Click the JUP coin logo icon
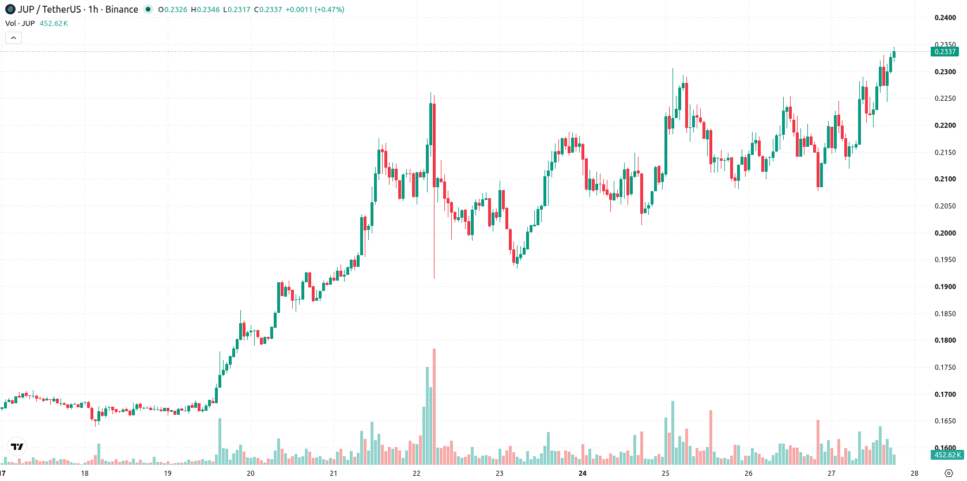10,9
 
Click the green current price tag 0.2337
945,52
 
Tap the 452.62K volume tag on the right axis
947,455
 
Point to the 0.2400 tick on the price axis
945,18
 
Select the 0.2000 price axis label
945,233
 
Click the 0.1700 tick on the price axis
945,394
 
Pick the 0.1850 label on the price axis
945,313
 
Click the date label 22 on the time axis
416,474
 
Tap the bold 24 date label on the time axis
583,474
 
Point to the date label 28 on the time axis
915,474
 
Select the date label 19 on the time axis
168,474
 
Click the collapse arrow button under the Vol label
13,38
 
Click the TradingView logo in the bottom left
17,446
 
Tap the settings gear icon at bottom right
949,474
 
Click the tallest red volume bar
435,406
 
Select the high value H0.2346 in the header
205,9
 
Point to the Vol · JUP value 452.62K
54,23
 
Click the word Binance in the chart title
122,9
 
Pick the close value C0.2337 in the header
268,9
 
